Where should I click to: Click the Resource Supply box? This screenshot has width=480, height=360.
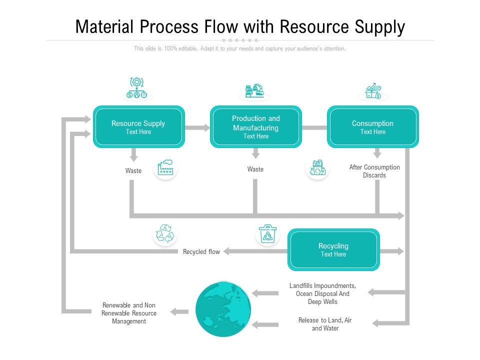[x=138, y=127]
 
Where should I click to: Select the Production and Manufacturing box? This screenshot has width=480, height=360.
[x=255, y=127]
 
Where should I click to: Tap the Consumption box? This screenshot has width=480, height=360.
[x=372, y=127]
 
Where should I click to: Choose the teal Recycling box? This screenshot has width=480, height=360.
[x=333, y=249]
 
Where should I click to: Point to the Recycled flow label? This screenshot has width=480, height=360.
[x=201, y=251]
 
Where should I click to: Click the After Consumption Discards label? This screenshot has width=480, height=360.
[x=374, y=171]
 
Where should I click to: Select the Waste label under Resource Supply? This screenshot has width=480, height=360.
[x=133, y=171]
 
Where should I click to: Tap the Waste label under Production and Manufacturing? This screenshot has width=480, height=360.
[x=255, y=169]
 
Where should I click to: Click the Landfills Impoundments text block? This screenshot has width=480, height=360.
[x=323, y=294]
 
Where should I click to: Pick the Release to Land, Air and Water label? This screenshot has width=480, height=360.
[x=325, y=324]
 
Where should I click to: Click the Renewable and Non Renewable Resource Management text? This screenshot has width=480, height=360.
[x=129, y=313]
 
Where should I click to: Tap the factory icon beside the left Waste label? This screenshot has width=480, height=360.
[x=166, y=168]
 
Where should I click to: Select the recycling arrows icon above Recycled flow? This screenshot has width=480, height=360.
[x=165, y=234]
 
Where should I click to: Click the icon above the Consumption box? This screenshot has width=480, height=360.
[x=373, y=91]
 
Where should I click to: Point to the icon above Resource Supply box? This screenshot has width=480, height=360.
[x=137, y=88]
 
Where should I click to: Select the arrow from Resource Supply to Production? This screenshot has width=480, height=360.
[x=197, y=127]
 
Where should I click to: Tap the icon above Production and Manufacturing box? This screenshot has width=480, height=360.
[x=254, y=90]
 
